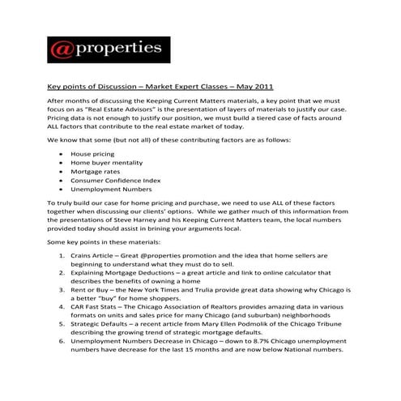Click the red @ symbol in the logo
click(62, 50)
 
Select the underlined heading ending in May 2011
click(160, 84)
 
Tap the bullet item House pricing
click(92, 153)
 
